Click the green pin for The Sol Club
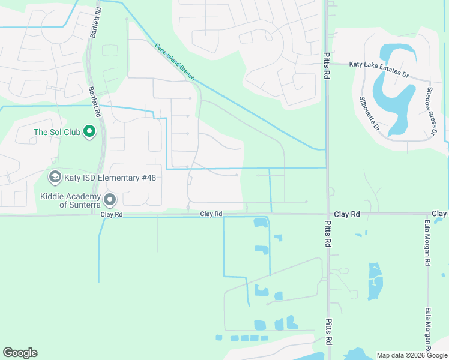[x=89, y=131]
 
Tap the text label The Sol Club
[x=57, y=132]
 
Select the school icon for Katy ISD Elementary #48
[x=55, y=177]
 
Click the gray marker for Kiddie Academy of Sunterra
[x=110, y=199]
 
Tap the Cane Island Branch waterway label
[x=175, y=61]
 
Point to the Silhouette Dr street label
[x=369, y=113]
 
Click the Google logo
[x=20, y=353]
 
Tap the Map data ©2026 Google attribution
[x=411, y=355]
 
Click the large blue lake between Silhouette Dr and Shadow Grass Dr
[x=394, y=96]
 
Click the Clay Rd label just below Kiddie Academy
[x=112, y=214]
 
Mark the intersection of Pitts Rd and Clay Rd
[x=328, y=214]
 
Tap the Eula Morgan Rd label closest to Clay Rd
[x=427, y=246]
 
